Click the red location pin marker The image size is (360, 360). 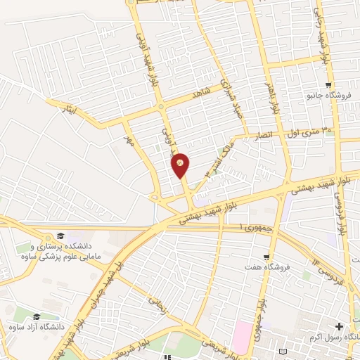point(180,165)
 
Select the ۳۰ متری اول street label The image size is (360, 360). point(310,131)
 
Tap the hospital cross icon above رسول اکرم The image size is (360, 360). point(340,326)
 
